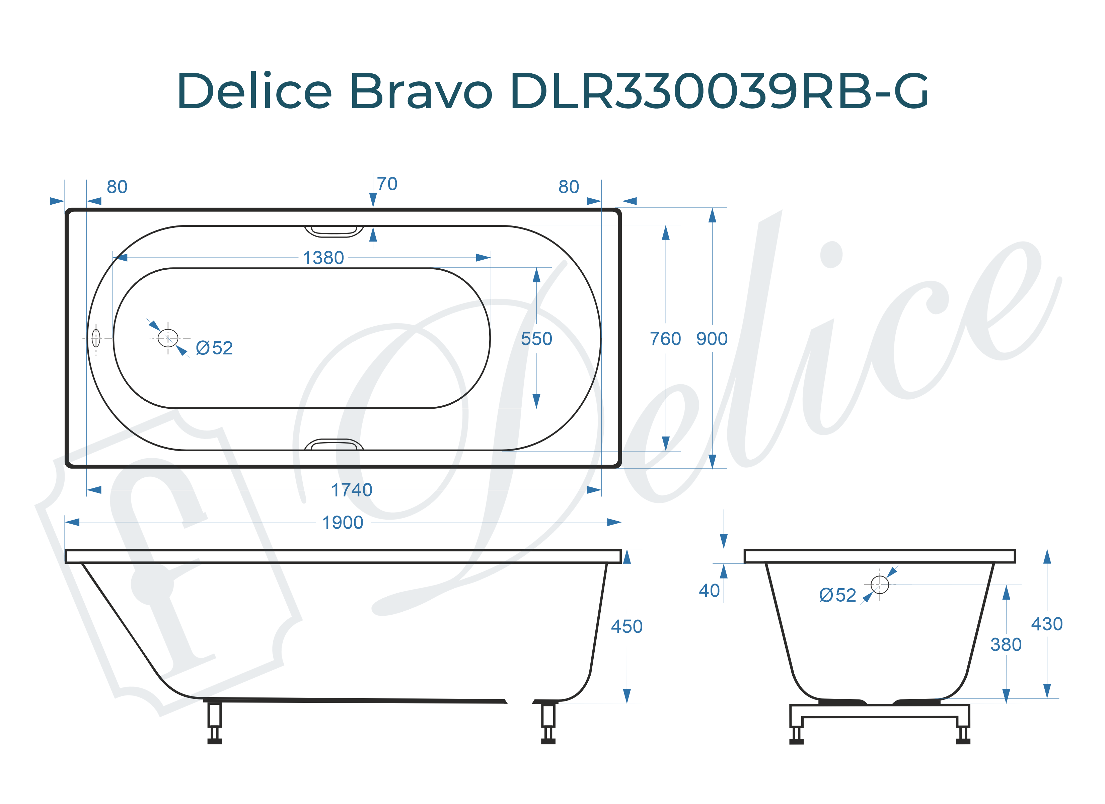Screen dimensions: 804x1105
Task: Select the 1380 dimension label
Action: click(323, 258)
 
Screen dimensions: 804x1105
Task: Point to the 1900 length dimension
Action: click(343, 523)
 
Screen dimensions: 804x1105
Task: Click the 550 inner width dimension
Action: click(536, 339)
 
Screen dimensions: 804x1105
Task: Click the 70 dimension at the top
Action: click(387, 184)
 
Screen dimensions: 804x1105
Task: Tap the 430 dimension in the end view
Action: click(1046, 624)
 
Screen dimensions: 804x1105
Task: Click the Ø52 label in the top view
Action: click(214, 348)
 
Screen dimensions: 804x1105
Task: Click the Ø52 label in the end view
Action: click(837, 595)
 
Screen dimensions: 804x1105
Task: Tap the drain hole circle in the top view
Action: click(168, 338)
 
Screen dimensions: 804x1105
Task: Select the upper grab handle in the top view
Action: click(334, 231)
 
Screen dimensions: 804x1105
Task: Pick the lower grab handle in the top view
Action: click(334, 445)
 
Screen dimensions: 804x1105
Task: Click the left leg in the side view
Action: click(214, 722)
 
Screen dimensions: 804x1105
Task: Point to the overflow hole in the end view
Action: click(879, 584)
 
